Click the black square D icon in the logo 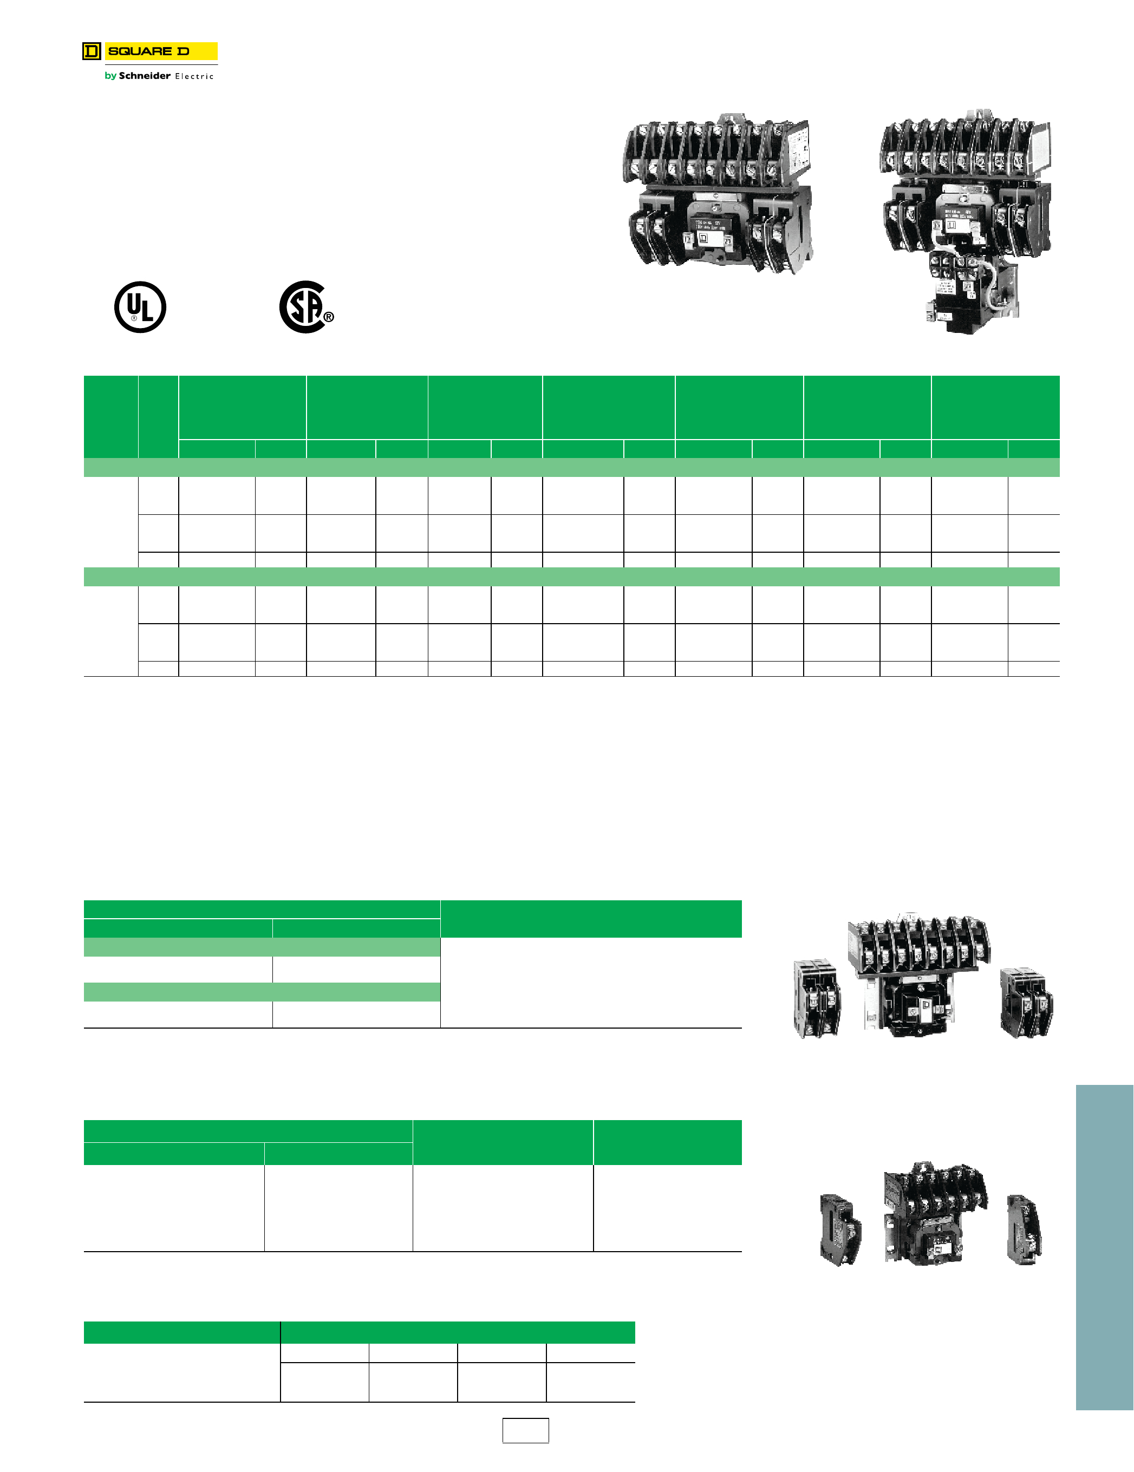click(92, 51)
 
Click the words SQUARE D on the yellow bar click(148, 51)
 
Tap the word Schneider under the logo click(144, 75)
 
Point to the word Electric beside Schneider click(194, 76)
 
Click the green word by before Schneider click(110, 75)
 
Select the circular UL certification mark click(140, 308)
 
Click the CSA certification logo click(303, 308)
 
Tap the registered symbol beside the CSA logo click(328, 317)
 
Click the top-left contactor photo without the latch click(718, 192)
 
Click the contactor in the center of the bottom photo click(934, 1213)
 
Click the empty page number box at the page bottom click(525, 1430)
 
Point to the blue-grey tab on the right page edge click(1104, 1247)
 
